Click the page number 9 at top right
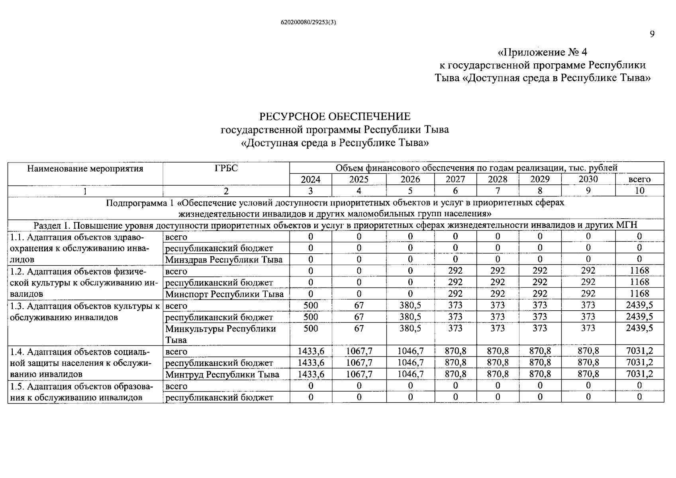(x=652, y=34)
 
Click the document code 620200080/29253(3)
(x=308, y=23)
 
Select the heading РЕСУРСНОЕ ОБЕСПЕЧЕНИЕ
(x=335, y=117)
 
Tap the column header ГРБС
(x=226, y=168)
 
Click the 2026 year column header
(x=410, y=180)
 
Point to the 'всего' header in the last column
(x=639, y=180)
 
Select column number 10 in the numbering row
(x=639, y=191)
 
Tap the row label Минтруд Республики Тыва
(x=222, y=375)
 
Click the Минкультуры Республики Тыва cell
(x=221, y=334)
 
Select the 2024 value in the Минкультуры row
(x=310, y=329)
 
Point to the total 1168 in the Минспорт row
(x=639, y=294)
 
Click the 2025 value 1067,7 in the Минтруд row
(x=359, y=374)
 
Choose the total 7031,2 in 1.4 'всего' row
(x=639, y=351)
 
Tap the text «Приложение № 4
(x=542, y=53)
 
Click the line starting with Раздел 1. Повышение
(x=335, y=225)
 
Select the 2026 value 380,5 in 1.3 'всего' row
(x=410, y=306)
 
